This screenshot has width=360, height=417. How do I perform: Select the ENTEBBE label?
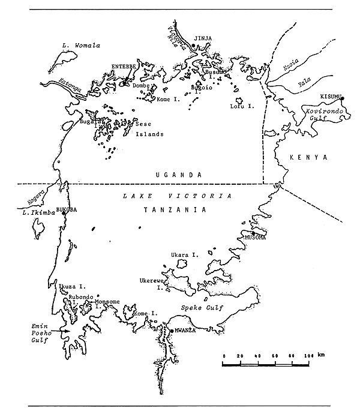pos(124,67)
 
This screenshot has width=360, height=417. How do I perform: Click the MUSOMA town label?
pos(255,238)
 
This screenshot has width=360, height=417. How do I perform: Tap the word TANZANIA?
pos(174,210)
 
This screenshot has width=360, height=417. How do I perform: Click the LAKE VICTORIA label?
pos(176,196)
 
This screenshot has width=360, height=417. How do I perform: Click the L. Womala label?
pos(80,45)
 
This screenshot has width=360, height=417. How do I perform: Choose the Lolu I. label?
pos(243,106)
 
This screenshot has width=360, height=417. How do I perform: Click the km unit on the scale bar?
pos(322,356)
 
